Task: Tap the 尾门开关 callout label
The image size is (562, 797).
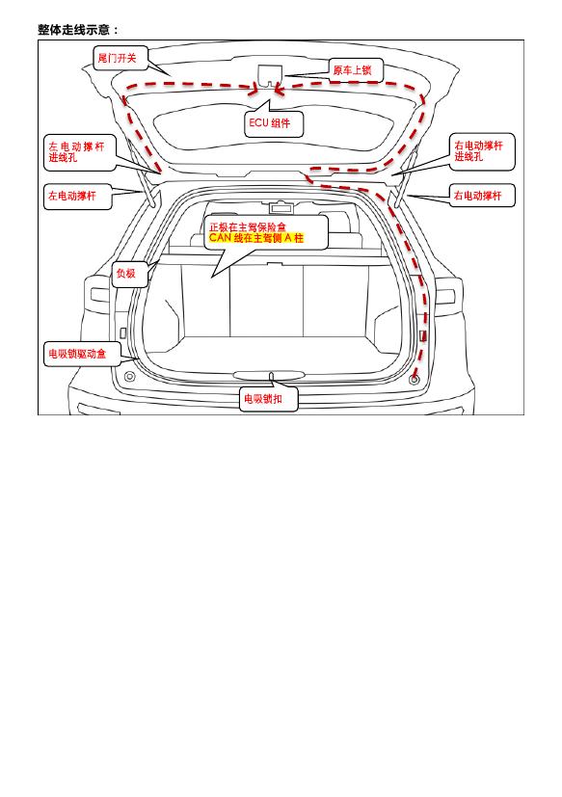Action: [120, 58]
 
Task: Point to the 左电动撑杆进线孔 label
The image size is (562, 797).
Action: [79, 152]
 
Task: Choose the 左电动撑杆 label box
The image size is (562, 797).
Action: [77, 196]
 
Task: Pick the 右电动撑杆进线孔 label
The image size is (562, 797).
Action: [482, 151]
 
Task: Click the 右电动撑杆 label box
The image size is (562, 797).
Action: [482, 196]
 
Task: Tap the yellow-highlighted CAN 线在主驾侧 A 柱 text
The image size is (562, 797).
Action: [256, 238]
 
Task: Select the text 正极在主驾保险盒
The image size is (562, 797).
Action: [247, 227]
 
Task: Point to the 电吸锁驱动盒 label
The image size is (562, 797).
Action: [81, 354]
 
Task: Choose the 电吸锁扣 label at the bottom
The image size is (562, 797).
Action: [269, 399]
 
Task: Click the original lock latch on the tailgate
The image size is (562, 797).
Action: [270, 75]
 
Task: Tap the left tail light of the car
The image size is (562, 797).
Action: [99, 295]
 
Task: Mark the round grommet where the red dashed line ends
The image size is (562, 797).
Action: [415, 379]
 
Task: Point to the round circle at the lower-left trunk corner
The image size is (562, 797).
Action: [130, 377]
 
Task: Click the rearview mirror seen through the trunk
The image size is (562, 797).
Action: [281, 207]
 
